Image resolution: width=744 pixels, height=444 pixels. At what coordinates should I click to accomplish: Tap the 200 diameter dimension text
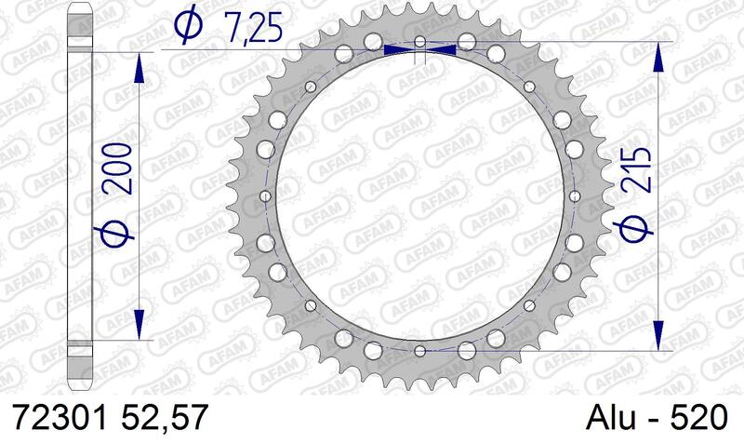[x=117, y=168]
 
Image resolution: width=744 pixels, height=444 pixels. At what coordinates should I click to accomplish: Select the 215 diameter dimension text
[x=636, y=169]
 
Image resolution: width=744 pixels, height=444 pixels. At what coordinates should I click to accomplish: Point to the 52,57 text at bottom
[x=165, y=417]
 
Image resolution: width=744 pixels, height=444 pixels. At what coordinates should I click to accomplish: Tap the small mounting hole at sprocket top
[x=420, y=42]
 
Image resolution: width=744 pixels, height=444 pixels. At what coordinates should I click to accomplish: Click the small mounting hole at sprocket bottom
[x=420, y=351]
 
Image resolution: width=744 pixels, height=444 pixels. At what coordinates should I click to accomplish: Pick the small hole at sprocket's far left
[x=266, y=196]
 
